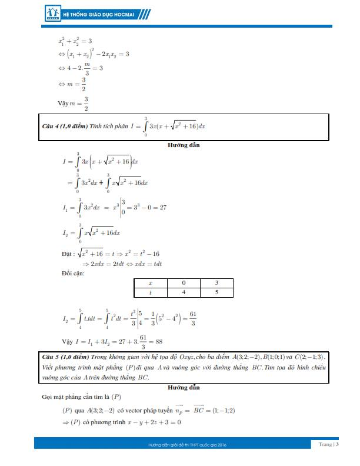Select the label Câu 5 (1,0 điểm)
[x=64, y=357]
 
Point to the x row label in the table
[x=150, y=283]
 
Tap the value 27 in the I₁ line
[x=164, y=208]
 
